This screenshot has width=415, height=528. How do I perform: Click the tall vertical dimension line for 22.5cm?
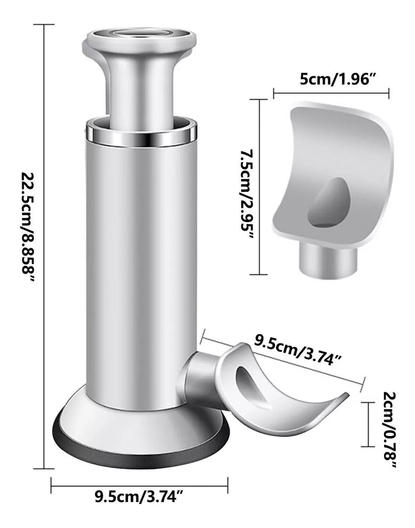44,246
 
